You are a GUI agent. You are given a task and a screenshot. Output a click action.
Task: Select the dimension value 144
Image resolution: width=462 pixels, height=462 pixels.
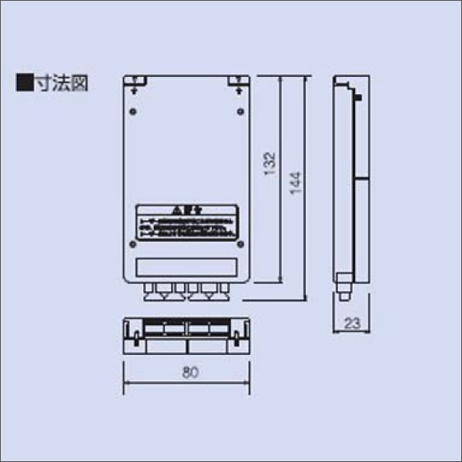click(x=296, y=182)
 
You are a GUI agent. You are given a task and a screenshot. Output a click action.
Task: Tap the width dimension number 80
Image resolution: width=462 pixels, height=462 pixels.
click(x=188, y=373)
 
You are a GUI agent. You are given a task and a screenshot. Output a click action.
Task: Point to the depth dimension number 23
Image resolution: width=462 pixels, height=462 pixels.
click(x=352, y=325)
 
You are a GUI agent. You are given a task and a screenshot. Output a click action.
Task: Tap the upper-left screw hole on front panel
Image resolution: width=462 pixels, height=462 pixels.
click(x=135, y=112)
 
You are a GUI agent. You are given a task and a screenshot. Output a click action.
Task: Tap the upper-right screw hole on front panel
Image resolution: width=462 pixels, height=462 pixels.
click(x=238, y=112)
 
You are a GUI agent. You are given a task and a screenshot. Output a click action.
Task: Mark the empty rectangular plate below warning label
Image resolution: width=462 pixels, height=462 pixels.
click(x=186, y=266)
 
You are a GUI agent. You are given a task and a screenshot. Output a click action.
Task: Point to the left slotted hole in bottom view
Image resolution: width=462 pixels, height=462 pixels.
click(x=136, y=336)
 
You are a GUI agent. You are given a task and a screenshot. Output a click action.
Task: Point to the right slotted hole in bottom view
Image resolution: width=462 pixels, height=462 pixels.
click(x=238, y=336)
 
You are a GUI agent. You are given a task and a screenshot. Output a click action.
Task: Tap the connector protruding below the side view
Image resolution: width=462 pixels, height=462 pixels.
click(x=343, y=293)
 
